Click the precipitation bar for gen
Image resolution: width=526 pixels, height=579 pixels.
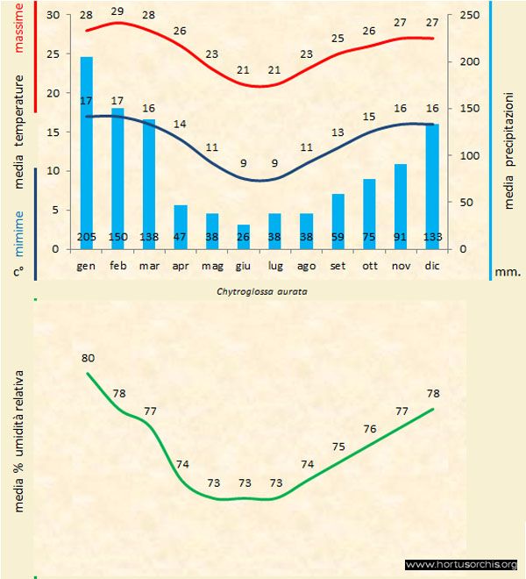(x=87, y=149)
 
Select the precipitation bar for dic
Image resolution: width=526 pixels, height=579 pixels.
(x=431, y=184)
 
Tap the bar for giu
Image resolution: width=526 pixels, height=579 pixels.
(x=244, y=237)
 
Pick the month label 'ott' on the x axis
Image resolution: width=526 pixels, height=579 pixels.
(x=369, y=264)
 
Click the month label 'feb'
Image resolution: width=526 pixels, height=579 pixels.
(x=117, y=264)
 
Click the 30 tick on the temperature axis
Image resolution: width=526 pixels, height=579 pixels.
(x=53, y=16)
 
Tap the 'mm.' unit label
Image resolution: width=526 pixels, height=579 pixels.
(x=508, y=272)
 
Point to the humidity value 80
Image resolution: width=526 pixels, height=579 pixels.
(x=88, y=358)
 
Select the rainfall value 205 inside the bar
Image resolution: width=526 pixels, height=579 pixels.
(x=87, y=237)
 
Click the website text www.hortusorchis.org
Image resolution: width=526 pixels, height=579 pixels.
(x=461, y=564)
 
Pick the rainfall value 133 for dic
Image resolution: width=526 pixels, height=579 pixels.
(x=431, y=237)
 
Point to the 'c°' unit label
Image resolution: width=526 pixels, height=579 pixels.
(x=18, y=271)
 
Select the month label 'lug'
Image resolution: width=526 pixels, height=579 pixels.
(x=274, y=264)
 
